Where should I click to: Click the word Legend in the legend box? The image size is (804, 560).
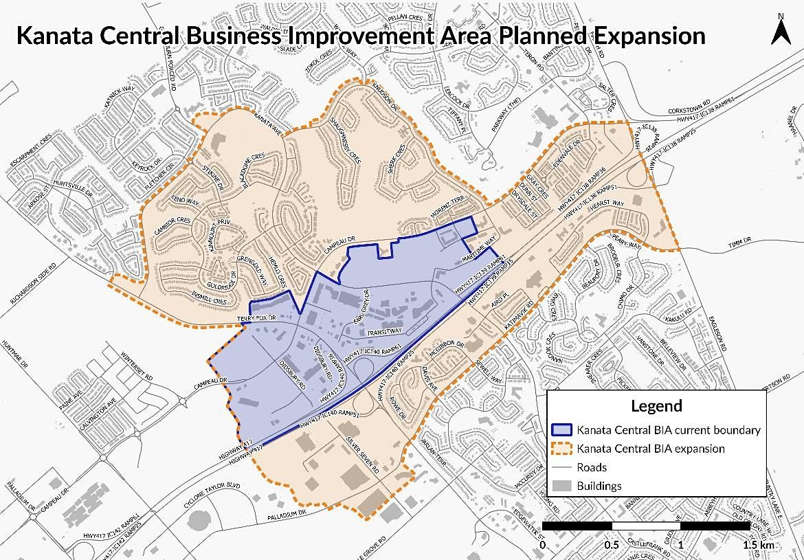[x=656, y=405]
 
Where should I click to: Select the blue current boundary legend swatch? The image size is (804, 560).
[x=563, y=430]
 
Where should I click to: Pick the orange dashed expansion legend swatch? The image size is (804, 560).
[x=563, y=449]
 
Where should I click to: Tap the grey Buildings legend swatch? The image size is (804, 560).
[x=563, y=486]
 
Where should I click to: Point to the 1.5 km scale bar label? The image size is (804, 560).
[x=759, y=544]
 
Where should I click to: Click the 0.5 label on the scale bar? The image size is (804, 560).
[x=612, y=544]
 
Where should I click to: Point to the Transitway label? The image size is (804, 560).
[x=385, y=331]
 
